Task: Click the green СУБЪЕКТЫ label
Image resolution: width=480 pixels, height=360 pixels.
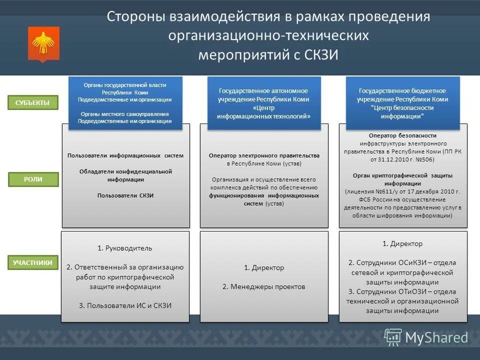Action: click(x=33, y=103)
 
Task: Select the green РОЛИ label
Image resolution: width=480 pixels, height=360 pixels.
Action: click(x=33, y=179)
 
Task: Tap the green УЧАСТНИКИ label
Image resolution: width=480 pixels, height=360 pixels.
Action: click(x=33, y=262)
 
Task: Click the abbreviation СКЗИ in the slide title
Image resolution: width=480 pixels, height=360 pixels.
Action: click(x=321, y=54)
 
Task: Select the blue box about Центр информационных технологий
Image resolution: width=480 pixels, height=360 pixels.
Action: click(x=264, y=103)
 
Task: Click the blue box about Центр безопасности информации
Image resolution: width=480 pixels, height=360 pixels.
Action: click(x=402, y=103)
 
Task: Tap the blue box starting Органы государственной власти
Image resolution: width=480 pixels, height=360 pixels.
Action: click(x=125, y=103)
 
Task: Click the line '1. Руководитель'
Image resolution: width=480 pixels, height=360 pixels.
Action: click(x=125, y=248)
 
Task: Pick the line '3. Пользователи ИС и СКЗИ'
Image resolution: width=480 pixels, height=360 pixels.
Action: click(x=125, y=305)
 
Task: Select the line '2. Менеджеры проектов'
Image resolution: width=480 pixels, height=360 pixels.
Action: click(x=263, y=286)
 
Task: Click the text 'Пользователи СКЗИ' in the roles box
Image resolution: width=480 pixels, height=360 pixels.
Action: click(x=125, y=195)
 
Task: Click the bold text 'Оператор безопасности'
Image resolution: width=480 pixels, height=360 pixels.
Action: click(x=402, y=135)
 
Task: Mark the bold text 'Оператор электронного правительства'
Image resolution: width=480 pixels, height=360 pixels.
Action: click(x=264, y=155)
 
